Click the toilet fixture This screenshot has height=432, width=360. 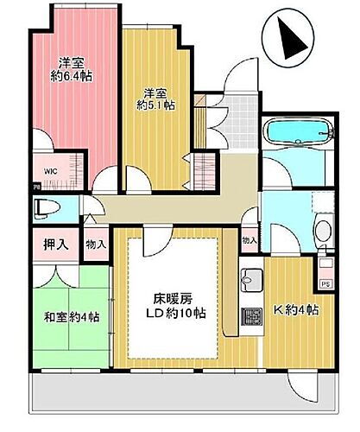47,208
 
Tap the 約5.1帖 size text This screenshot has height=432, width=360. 158,106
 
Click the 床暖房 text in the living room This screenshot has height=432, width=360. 175,297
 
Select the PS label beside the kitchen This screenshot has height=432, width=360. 325,283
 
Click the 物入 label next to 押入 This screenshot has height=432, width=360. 96,245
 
